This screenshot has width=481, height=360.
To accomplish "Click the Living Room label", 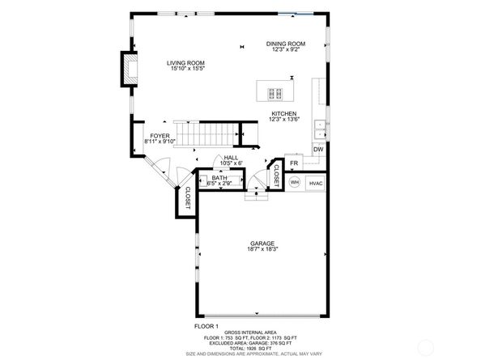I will pyautogui.click(x=186, y=62).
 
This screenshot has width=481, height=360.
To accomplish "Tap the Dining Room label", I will pyautogui.click(x=285, y=43).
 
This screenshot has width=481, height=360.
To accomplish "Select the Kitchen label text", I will pyautogui.click(x=283, y=113).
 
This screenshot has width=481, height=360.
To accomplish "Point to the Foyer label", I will pyautogui.click(x=160, y=136).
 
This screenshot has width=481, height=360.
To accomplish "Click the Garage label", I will pyautogui.click(x=262, y=244).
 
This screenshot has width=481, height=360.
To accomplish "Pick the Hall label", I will pyautogui.click(x=230, y=158).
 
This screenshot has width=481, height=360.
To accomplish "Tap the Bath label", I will pyautogui.click(x=219, y=177).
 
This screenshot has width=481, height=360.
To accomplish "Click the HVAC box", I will pyautogui.click(x=316, y=183).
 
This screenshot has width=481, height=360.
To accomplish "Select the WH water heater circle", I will pyautogui.click(x=295, y=183).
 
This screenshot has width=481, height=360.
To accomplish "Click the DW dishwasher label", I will pyautogui.click(x=319, y=150).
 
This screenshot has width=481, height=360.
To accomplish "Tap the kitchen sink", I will pyautogui.click(x=321, y=127).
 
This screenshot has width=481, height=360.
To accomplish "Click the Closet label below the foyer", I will pyautogui.click(x=187, y=199).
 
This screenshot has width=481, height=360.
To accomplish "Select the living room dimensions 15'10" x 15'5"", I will pyautogui.click(x=186, y=69).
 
